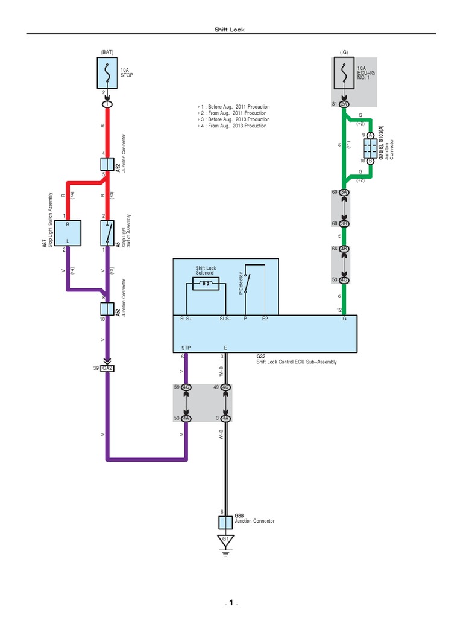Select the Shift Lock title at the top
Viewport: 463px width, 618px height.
(x=230, y=30)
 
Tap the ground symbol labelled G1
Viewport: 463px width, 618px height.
(x=225, y=541)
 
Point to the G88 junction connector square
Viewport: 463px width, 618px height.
(x=225, y=521)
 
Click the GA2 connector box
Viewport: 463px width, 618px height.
(x=107, y=369)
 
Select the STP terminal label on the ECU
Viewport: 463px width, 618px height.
(x=186, y=348)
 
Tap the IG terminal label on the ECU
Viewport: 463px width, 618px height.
(x=344, y=318)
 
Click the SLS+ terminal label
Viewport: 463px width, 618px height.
(x=186, y=318)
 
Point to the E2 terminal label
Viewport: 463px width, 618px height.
(x=265, y=318)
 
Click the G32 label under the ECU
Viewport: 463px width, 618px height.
(x=261, y=356)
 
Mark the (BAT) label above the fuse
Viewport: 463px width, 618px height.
(x=107, y=52)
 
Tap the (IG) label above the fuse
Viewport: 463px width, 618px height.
(x=344, y=52)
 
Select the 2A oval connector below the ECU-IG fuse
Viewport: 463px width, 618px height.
(x=344, y=104)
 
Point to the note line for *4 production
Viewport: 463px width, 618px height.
(x=233, y=126)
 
